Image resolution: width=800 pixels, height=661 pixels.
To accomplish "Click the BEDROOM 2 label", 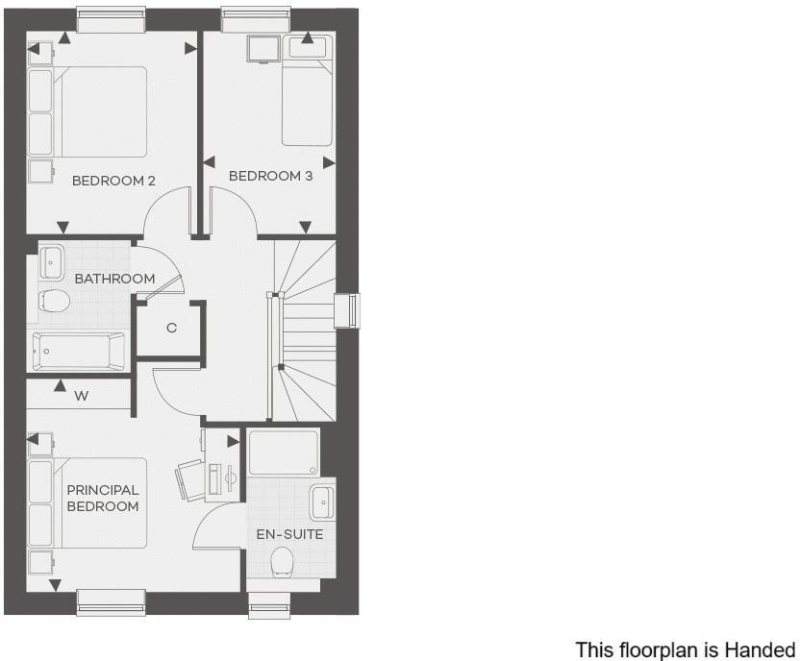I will click(113, 180).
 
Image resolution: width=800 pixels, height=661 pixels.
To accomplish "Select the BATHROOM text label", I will click(114, 279).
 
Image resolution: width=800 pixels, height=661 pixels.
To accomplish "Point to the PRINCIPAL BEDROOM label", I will click(103, 498).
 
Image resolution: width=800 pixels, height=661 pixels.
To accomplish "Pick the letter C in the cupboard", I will click(172, 328).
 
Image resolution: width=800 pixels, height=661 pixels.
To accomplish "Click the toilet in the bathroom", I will click(55, 304).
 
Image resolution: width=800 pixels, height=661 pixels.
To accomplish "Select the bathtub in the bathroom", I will click(79, 351).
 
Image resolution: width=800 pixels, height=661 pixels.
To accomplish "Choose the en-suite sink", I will click(322, 502).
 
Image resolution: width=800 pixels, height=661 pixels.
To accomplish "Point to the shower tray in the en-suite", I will click(284, 453).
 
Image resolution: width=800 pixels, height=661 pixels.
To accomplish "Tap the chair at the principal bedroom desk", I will click(189, 478).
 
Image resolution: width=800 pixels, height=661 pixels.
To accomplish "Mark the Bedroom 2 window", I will click(112, 18).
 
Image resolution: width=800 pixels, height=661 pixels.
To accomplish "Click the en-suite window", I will click(268, 603).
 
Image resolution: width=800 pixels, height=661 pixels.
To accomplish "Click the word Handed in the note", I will click(762, 650).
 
